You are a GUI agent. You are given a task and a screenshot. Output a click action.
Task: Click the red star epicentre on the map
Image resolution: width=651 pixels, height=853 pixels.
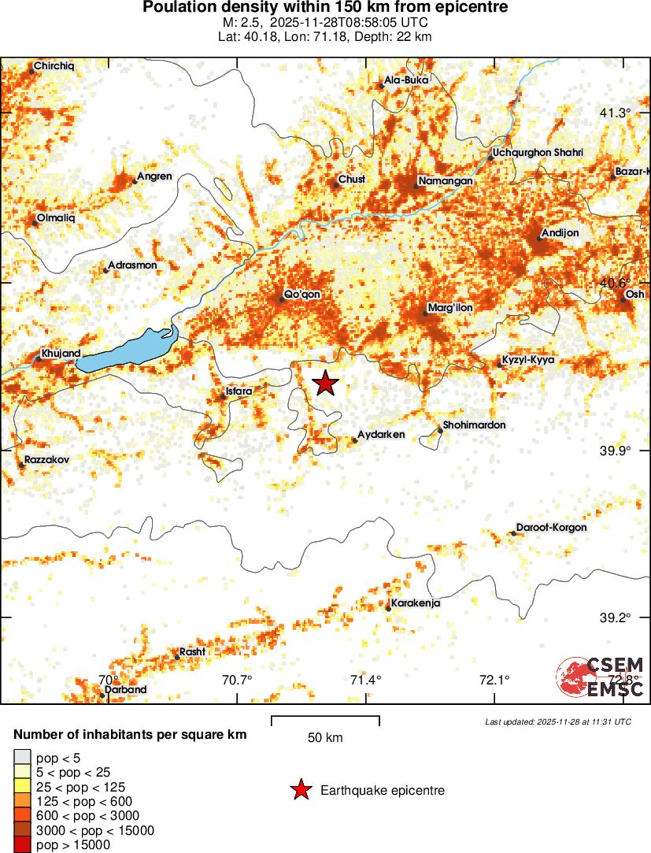tap(325, 383)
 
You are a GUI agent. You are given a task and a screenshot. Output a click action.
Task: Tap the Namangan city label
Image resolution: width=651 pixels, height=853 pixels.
tap(445, 181)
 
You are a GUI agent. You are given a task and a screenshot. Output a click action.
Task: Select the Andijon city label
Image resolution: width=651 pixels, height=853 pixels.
tap(560, 233)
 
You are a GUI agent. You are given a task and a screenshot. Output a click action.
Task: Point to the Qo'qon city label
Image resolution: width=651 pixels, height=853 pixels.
tap(302, 295)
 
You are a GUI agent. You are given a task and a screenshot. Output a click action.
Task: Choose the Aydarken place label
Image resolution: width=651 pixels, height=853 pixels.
tap(382, 435)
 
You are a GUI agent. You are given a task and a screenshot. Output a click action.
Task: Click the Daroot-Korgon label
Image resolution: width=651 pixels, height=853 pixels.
tap(551, 527)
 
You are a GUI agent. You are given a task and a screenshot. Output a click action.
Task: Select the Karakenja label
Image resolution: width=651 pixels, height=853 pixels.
tap(415, 603)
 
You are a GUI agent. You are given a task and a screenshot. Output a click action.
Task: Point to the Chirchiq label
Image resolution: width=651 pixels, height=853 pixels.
tap(54, 66)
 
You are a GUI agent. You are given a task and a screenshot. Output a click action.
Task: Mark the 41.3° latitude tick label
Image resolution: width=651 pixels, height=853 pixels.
tap(615, 113)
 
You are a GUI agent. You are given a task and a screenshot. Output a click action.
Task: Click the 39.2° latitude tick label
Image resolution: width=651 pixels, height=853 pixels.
tap(615, 617)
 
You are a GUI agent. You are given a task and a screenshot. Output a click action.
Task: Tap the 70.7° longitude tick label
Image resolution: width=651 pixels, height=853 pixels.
tap(237, 680)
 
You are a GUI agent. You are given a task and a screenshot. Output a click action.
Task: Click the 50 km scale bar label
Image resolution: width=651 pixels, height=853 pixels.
tap(325, 738)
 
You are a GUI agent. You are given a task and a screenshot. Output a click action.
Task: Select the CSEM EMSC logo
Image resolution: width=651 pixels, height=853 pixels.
tap(601, 676)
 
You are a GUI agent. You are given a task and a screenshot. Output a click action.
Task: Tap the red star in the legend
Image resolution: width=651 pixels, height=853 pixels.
tap(300, 790)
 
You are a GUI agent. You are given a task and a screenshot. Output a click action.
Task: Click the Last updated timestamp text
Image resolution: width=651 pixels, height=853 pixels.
tap(557, 721)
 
